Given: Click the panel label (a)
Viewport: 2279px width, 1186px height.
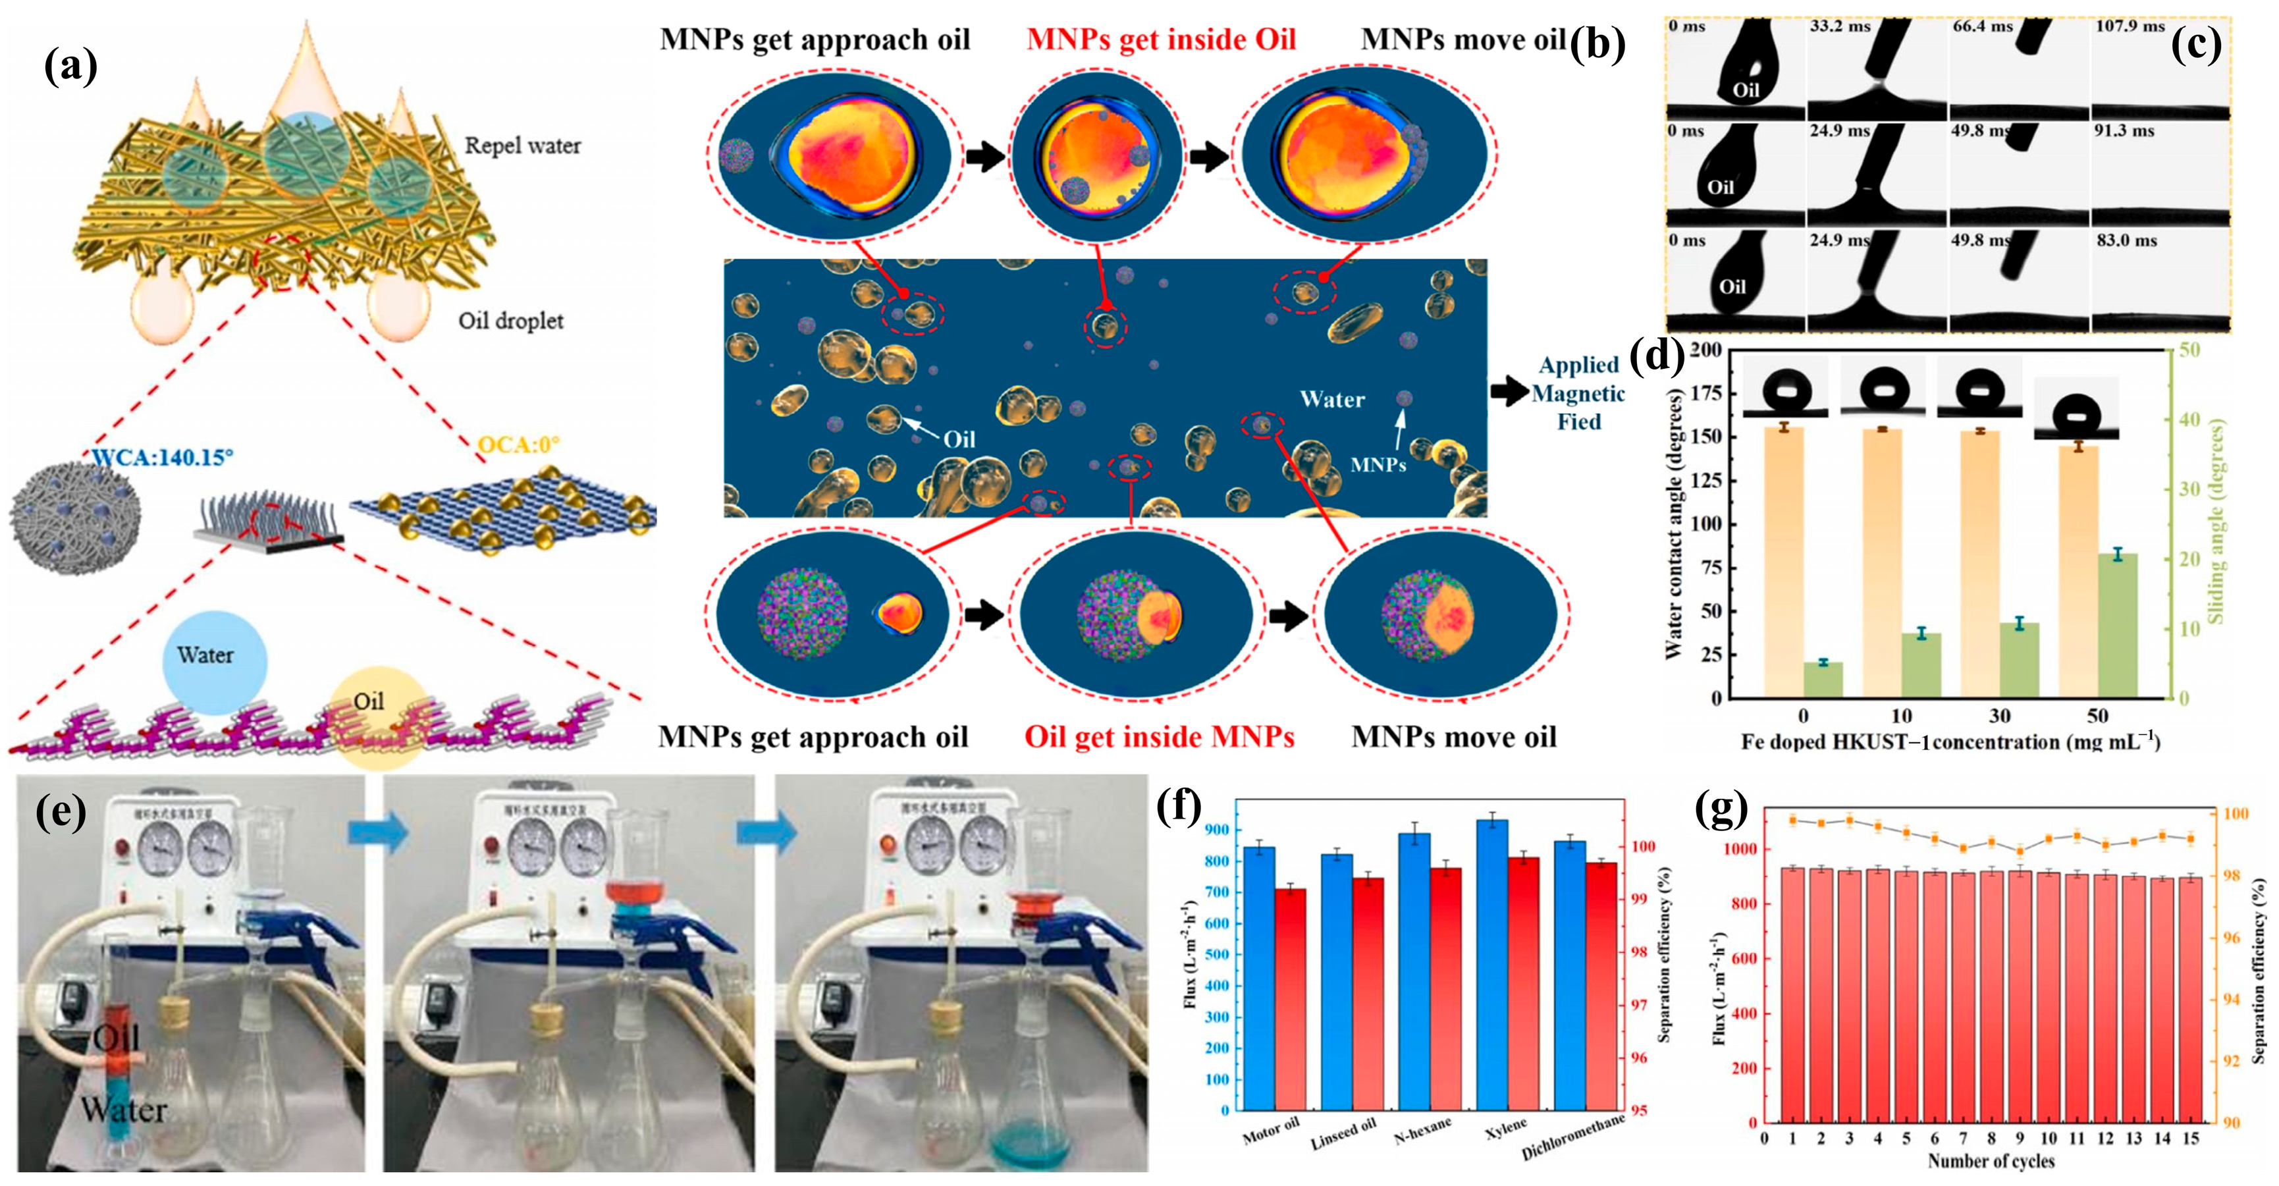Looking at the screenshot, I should [x=70, y=67].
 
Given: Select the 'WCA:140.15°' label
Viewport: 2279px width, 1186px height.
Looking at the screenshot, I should [x=163, y=458].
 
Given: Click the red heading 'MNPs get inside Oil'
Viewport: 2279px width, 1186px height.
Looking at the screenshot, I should [x=1161, y=40].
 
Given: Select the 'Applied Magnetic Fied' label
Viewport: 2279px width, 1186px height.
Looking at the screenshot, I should [x=1578, y=393].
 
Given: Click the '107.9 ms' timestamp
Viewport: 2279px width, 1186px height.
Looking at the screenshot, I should [x=2130, y=26].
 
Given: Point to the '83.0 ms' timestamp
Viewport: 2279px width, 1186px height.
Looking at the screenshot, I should [x=2126, y=241].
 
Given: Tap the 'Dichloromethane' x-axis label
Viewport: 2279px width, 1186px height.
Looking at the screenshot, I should [x=1574, y=1137].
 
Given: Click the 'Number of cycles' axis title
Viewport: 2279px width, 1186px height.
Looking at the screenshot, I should [x=1991, y=1160].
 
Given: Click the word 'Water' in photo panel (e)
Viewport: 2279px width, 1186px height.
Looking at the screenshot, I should [x=124, y=1110].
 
